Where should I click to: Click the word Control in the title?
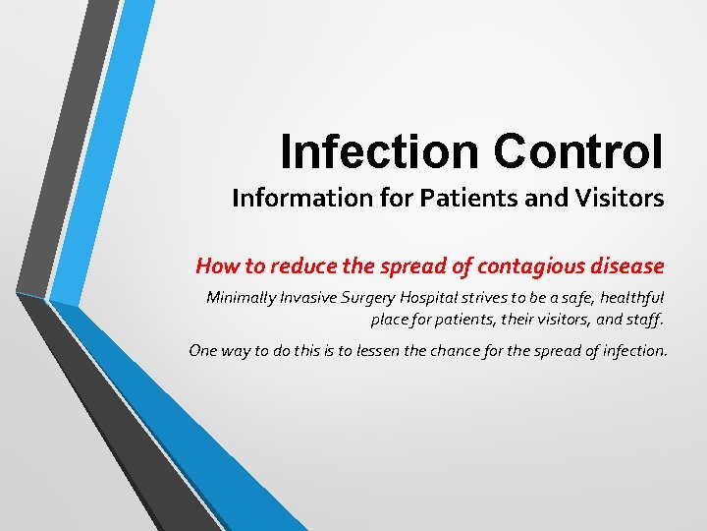578,150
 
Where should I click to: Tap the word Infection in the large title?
380,150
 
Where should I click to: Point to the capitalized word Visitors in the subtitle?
619,199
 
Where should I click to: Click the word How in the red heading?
214,265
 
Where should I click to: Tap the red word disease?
628,265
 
